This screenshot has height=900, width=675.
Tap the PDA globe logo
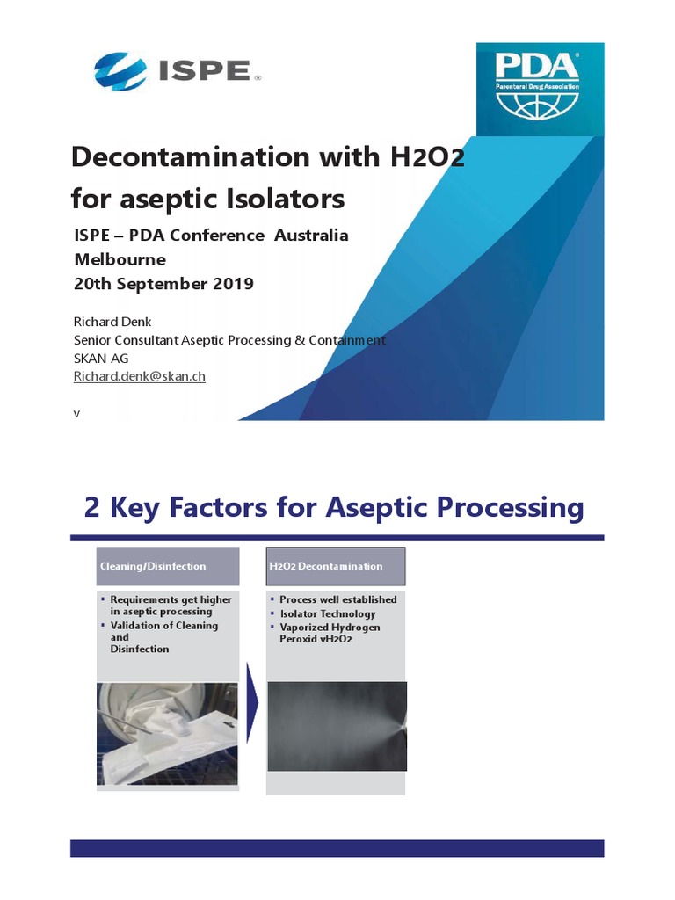pyautogui.click(x=537, y=87)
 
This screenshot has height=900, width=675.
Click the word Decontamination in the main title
pyautogui.click(x=181, y=158)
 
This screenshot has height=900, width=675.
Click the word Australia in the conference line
pyautogui.click(x=311, y=236)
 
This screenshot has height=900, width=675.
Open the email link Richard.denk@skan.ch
pyautogui.click(x=138, y=376)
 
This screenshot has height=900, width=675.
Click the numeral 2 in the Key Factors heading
pyautogui.click(x=92, y=507)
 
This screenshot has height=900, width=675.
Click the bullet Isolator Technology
pyautogui.click(x=327, y=613)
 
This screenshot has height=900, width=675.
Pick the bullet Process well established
pyautogui.click(x=337, y=599)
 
